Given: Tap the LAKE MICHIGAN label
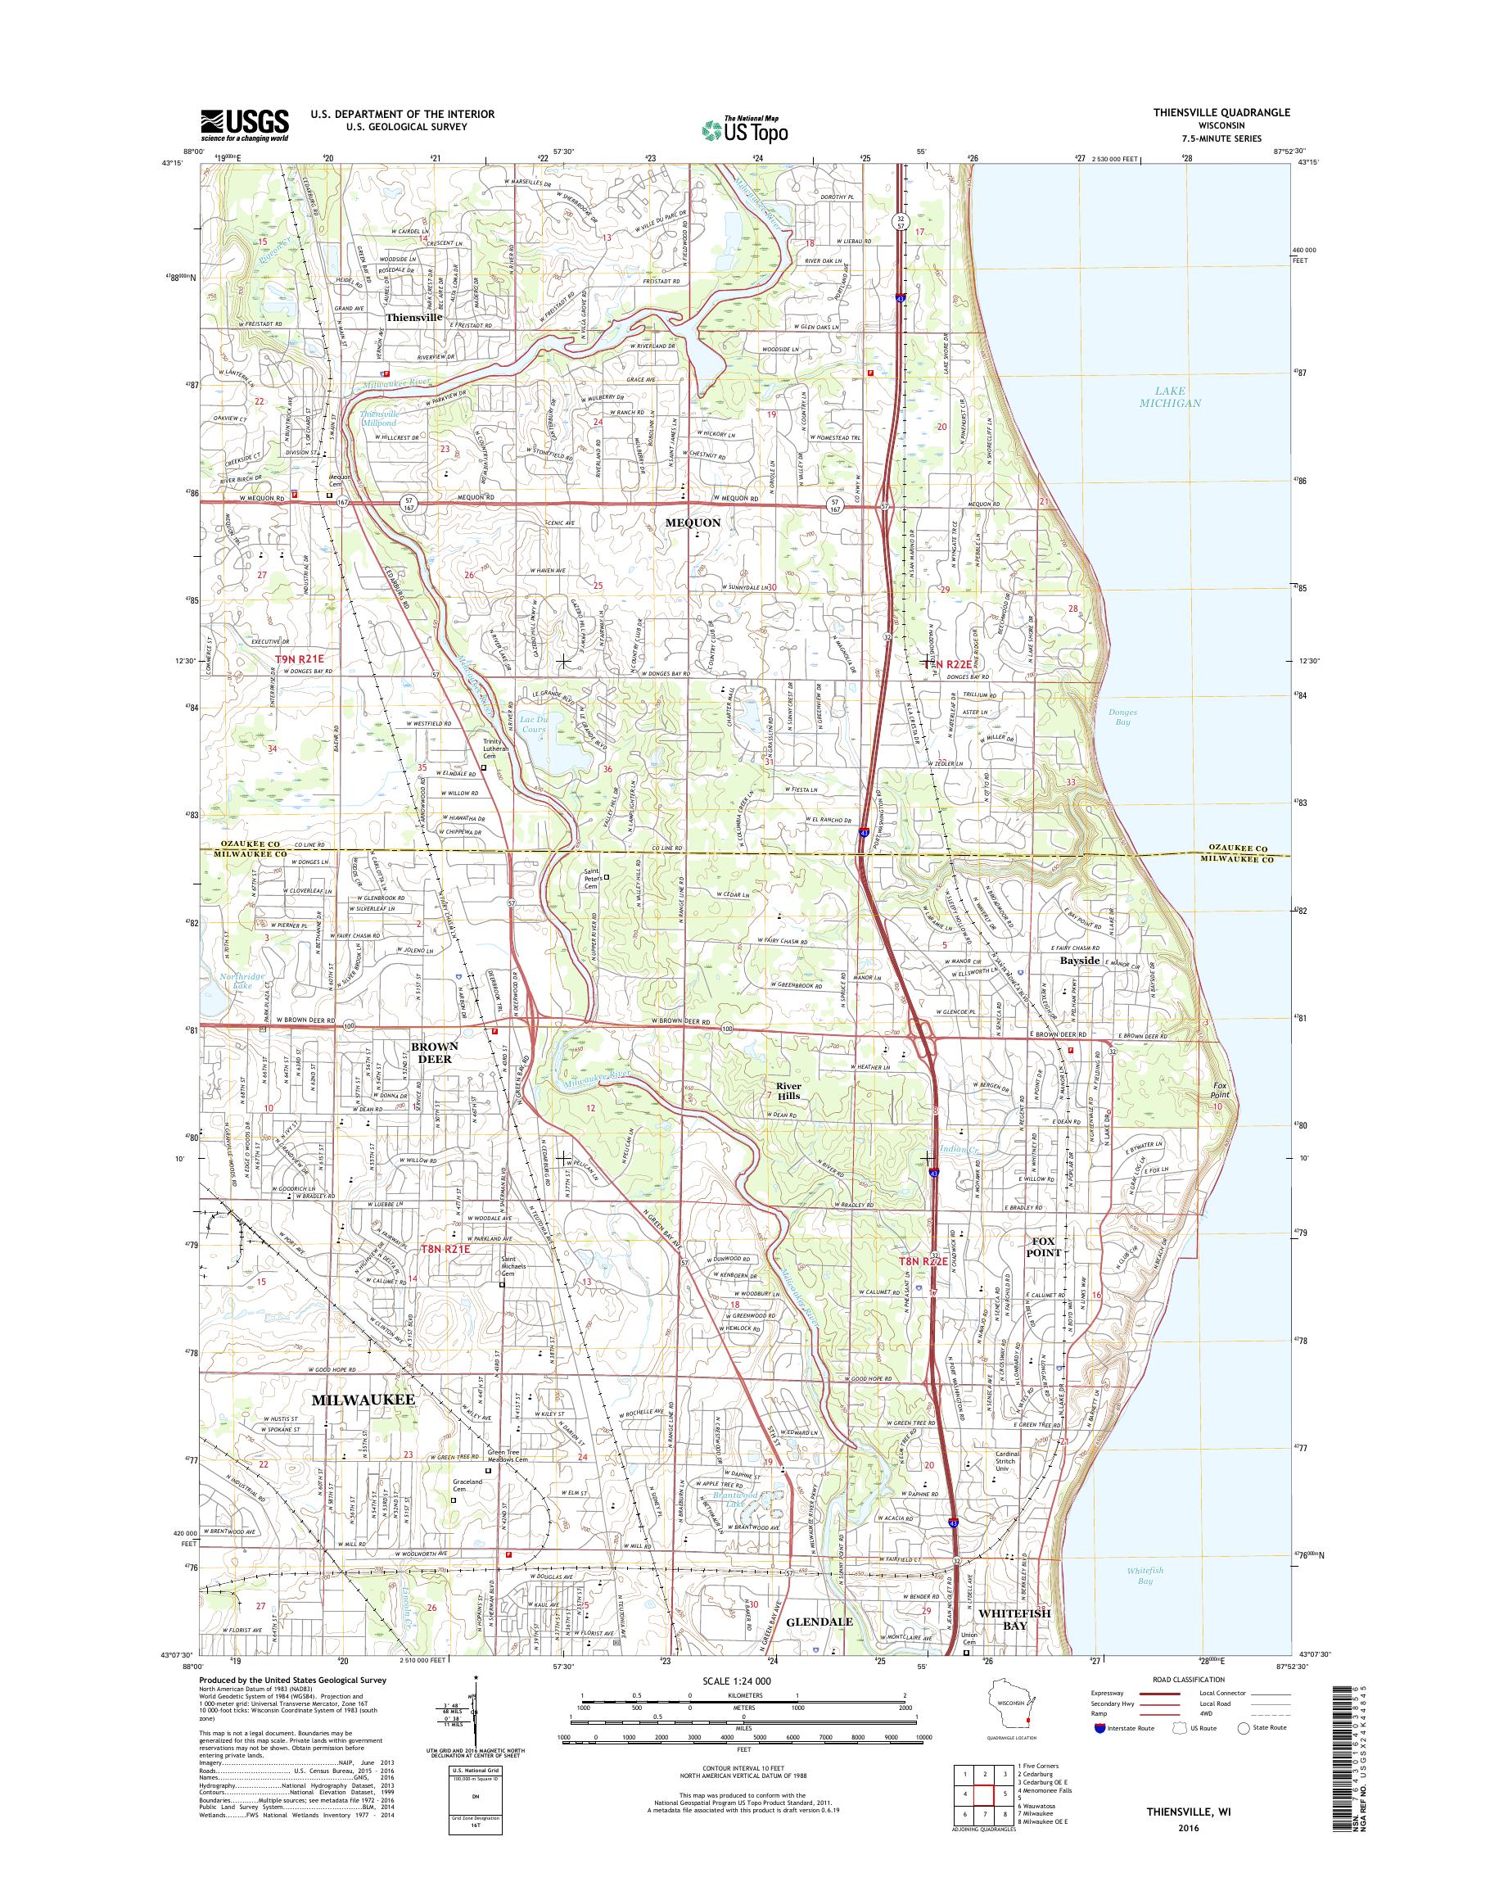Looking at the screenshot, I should pos(1169,397).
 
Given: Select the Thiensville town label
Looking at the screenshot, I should pos(414,319).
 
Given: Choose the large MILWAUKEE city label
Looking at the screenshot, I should pos(362,1398).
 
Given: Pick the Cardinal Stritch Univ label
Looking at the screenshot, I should pos(1009,1462).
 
